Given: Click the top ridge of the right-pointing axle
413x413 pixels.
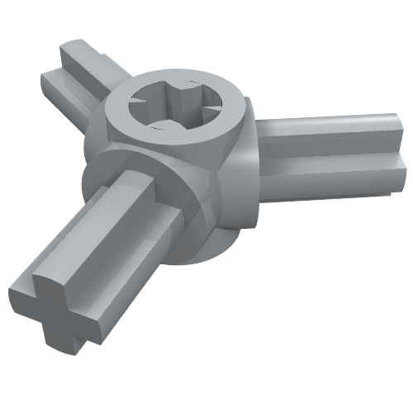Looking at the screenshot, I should click(330, 124).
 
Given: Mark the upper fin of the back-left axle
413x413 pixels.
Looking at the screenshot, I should click(83, 54).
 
